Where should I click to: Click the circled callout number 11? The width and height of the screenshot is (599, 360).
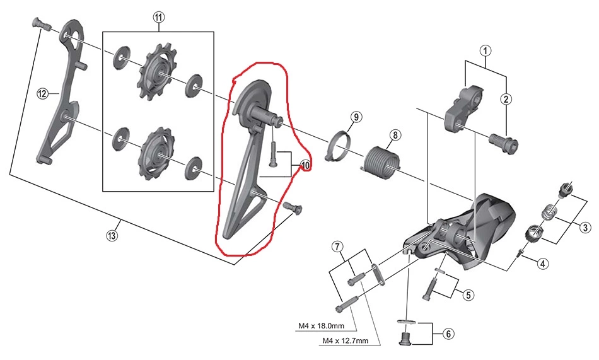click(x=158, y=18)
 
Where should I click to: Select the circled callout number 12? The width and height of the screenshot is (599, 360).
click(x=42, y=94)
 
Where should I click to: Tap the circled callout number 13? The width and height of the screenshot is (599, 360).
click(x=111, y=236)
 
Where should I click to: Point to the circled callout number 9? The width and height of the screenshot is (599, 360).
click(x=356, y=117)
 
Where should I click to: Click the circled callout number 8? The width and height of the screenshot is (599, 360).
click(x=395, y=135)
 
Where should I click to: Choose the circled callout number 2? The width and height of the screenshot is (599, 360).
click(x=506, y=98)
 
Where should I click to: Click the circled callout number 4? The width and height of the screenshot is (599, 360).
click(x=542, y=264)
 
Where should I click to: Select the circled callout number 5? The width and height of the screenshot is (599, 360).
click(x=467, y=294)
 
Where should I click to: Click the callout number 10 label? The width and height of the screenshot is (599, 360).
click(x=306, y=166)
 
